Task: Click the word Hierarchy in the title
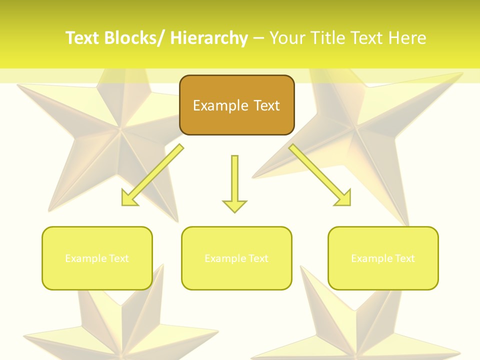click(209, 38)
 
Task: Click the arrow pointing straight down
click(234, 180)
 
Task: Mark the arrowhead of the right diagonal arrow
click(344, 199)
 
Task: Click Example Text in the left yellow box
click(97, 258)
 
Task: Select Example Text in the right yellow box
click(383, 258)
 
